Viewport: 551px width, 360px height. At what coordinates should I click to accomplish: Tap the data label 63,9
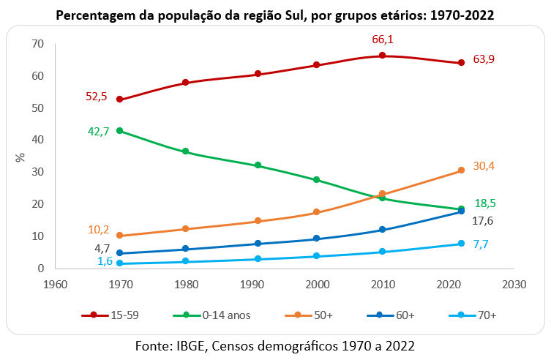coord(485,59)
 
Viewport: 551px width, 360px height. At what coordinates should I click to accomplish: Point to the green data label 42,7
coord(100,132)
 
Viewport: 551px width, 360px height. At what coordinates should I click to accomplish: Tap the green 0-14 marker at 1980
coord(186,151)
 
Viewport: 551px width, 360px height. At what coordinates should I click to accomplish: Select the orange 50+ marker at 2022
coord(461,170)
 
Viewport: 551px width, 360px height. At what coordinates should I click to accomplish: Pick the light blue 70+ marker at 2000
coord(317,256)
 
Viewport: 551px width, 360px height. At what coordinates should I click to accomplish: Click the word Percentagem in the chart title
coord(97,15)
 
